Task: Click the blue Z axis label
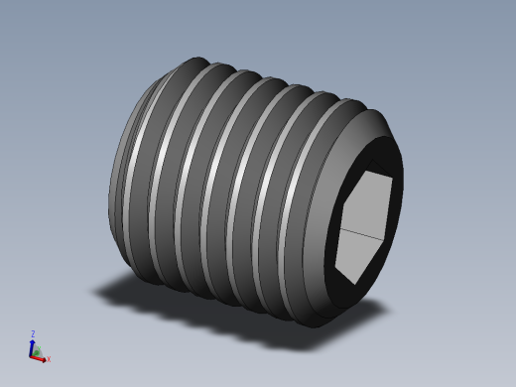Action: point(33,334)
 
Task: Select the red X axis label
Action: point(49,359)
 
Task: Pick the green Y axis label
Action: point(41,349)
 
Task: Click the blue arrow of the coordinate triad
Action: point(32,345)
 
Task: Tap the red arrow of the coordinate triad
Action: point(41,357)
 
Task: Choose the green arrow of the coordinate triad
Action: point(37,351)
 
